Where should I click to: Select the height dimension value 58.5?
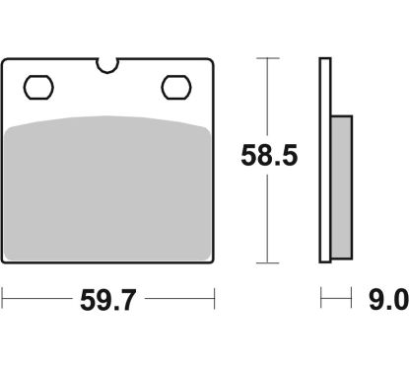pos(269,155)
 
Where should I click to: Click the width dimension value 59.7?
pos(107,300)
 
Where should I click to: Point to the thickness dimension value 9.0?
pos(388,300)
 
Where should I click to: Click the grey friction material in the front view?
pos(107,188)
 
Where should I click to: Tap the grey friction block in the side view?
pos(341,187)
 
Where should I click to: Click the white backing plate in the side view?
pos(325,160)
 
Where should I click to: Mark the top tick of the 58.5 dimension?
pos(268,58)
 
